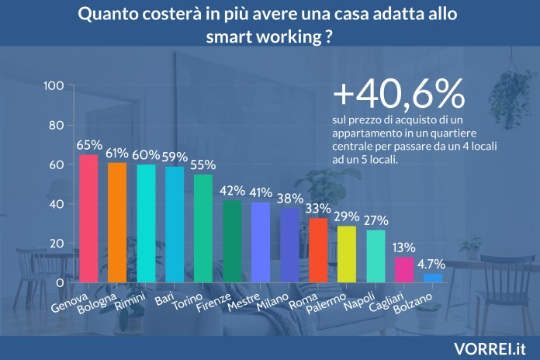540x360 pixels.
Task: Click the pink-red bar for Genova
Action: [89, 219]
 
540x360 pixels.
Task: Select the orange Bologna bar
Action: [117, 223]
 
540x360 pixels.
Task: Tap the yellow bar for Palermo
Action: [347, 254]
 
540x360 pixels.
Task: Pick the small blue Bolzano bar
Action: [433, 279]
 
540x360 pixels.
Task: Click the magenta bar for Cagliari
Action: [404, 270]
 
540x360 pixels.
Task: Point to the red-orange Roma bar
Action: [318, 251]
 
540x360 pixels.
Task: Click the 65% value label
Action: [89, 145]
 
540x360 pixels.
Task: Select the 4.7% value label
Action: [431, 265]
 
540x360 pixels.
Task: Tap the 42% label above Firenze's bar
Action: [233, 191]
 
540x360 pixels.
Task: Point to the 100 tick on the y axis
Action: [54, 85]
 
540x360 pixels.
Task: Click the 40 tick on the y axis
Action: [57, 204]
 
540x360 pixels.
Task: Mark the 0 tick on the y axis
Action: [61, 283]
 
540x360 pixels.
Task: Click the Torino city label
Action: [187, 302]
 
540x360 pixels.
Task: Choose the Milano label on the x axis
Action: [273, 302]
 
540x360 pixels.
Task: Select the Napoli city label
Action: [359, 300]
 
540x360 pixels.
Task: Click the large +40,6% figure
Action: [399, 94]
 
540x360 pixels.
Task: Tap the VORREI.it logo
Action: [490, 349]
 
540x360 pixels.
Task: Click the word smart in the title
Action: [228, 36]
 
